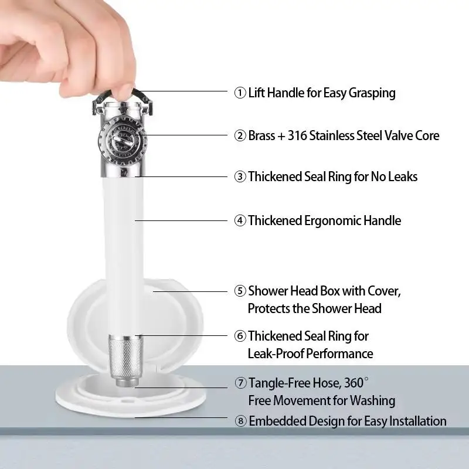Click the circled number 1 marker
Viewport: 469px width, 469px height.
240,93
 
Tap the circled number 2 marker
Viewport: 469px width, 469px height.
240,135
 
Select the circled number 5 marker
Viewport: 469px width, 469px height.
240,291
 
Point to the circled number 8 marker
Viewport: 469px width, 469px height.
240,421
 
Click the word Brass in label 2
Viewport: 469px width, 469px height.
261,135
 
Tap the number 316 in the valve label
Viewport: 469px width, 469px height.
297,135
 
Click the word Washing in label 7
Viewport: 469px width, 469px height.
372,401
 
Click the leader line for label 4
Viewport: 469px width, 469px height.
181,221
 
